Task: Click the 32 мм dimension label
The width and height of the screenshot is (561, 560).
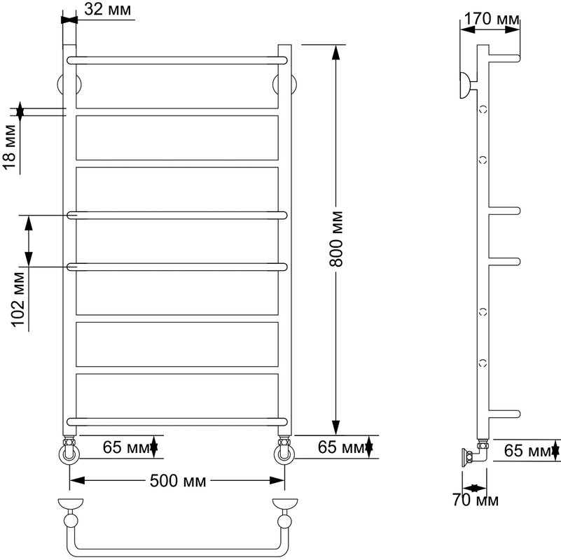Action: pos(107,9)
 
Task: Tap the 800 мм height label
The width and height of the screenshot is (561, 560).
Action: pos(336,239)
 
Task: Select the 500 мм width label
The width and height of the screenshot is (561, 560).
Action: pos(178,481)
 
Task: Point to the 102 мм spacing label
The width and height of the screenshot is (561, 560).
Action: pos(18,300)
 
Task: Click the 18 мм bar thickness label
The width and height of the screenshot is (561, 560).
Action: pos(11,147)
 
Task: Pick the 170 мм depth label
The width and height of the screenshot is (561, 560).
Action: pos(491,18)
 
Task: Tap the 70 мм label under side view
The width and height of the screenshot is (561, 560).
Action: pos(475,500)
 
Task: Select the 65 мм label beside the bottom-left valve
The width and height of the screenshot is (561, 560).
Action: pos(125,447)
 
